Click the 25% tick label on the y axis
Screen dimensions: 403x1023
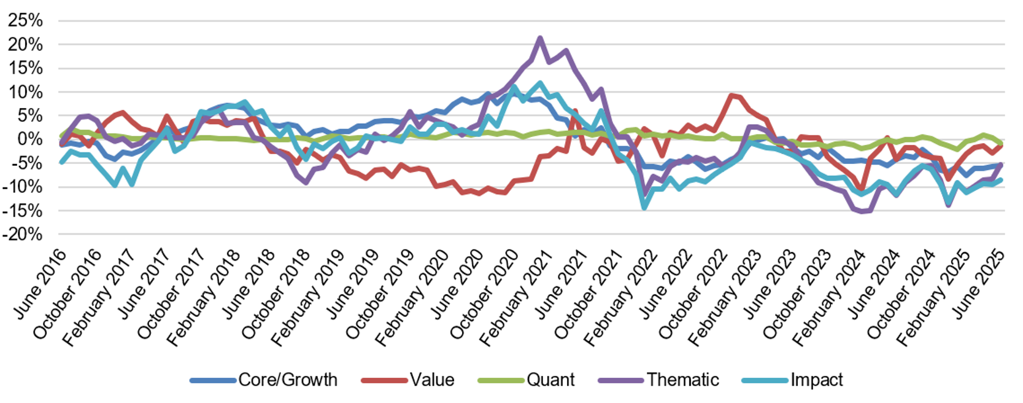point(26,20)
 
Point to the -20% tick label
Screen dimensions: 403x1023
point(23,234)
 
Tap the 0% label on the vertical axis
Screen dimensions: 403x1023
point(31,139)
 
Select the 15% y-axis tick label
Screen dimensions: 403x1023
point(26,68)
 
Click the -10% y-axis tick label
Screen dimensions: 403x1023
point(23,187)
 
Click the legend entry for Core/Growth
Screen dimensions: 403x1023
point(287,380)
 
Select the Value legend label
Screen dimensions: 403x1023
point(432,380)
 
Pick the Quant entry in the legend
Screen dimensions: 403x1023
point(550,380)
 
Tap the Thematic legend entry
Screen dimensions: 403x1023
point(682,380)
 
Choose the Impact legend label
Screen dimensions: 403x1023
point(816,380)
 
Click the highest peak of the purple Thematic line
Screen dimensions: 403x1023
point(539,38)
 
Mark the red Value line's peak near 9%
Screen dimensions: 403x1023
point(731,95)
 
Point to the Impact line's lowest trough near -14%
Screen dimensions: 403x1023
point(644,208)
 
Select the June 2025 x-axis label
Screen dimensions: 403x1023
point(979,284)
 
